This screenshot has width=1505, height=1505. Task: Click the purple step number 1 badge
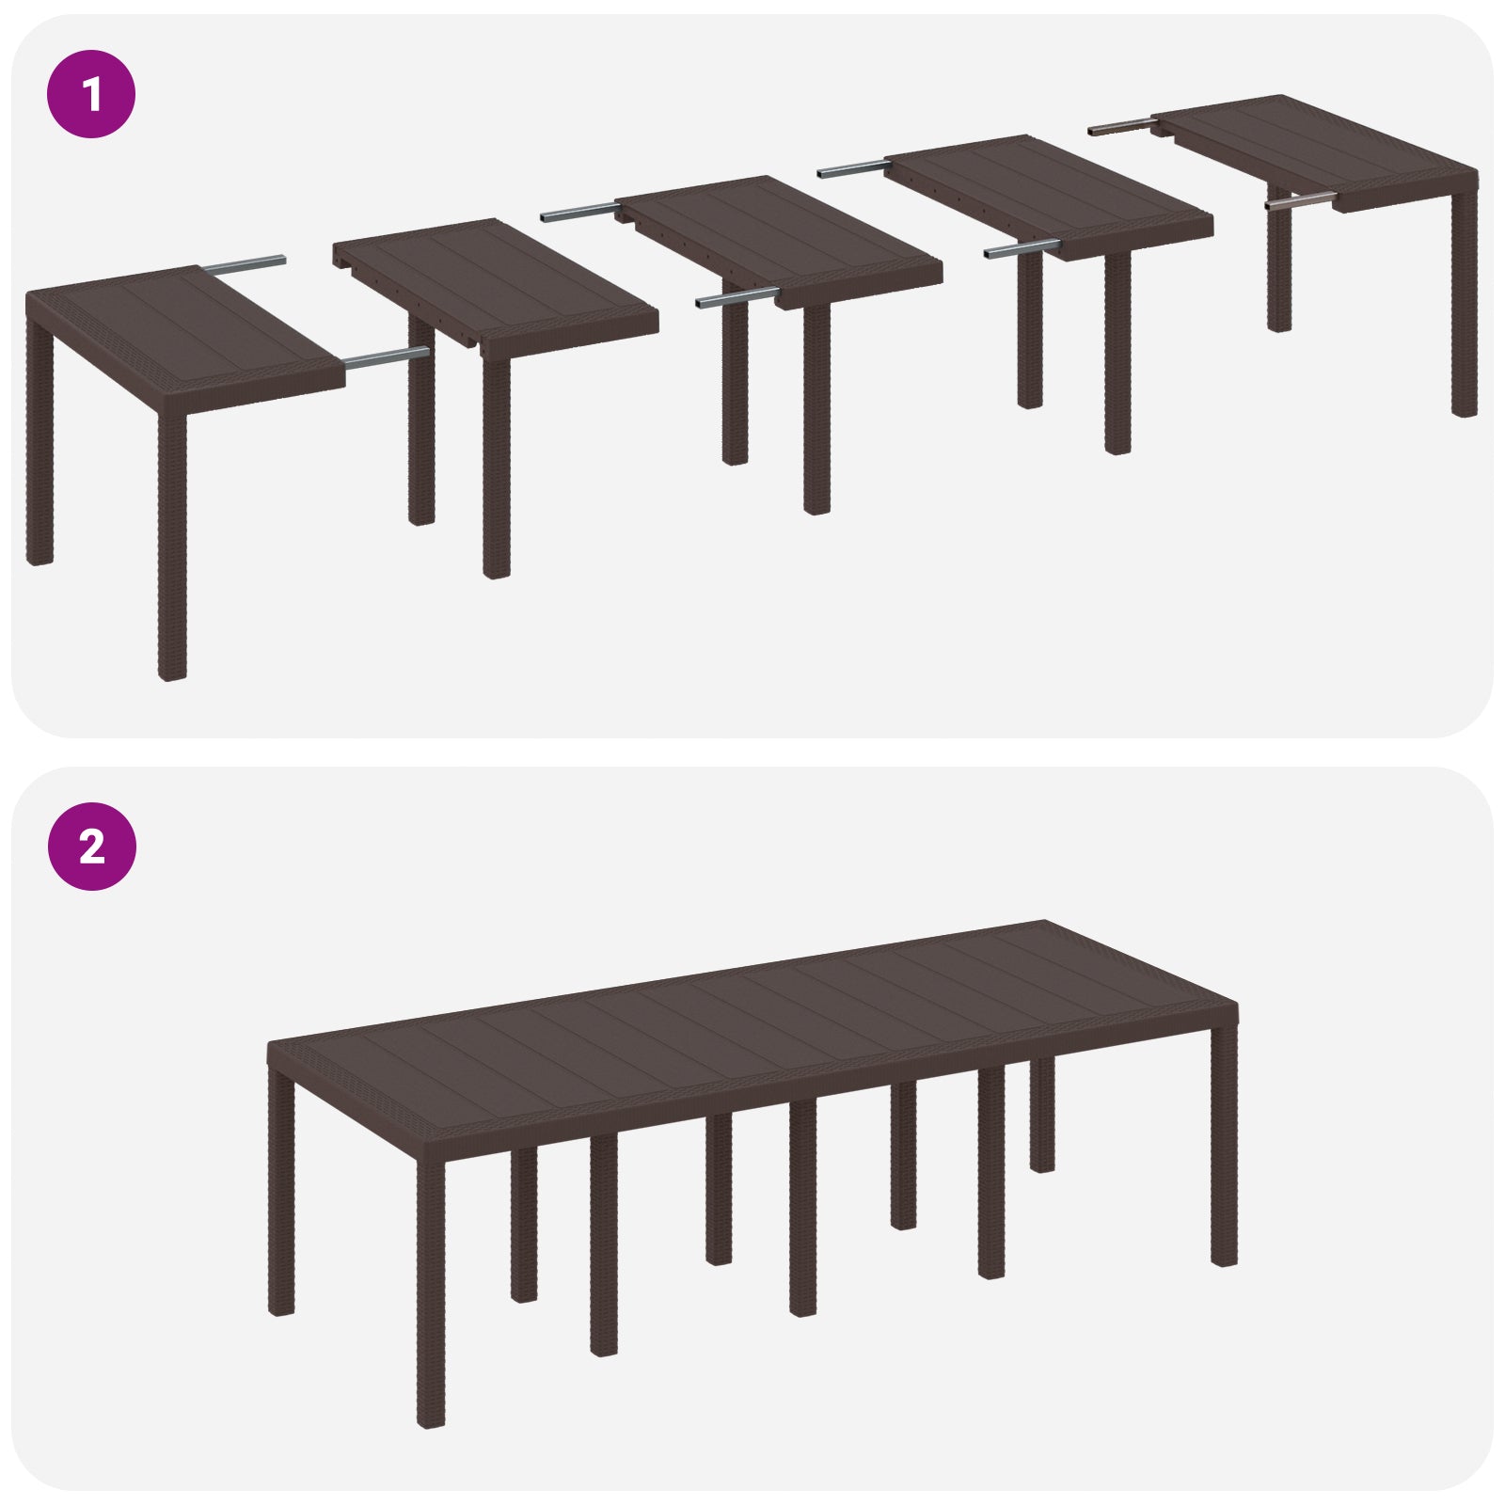91,95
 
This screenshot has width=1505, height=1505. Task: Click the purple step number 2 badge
91,848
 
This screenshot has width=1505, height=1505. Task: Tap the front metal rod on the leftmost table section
386,356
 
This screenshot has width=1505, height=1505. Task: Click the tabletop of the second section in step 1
499,282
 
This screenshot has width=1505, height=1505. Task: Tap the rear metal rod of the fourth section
851,170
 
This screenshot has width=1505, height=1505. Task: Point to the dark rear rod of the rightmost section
1119,126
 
